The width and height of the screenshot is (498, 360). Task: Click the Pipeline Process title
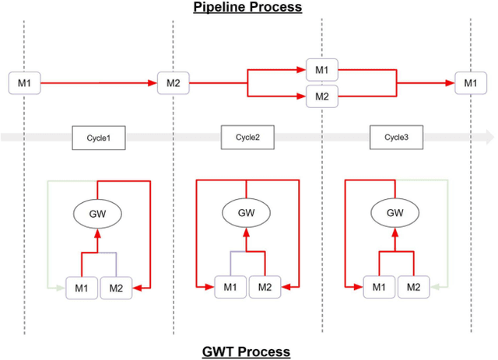pyautogui.click(x=249, y=8)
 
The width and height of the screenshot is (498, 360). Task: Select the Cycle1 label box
pyautogui.click(x=99, y=138)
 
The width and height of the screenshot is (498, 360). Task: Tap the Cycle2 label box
pyautogui.click(x=247, y=138)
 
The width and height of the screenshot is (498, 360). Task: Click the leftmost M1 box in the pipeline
pyautogui.click(x=24, y=82)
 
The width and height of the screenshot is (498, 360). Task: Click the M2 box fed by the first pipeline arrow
pyautogui.click(x=173, y=82)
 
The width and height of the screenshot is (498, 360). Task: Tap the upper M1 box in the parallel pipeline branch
pyautogui.click(x=321, y=69)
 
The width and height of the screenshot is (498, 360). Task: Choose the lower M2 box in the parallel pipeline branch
pyautogui.click(x=321, y=96)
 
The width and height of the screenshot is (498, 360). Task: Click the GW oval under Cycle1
pyautogui.click(x=98, y=212)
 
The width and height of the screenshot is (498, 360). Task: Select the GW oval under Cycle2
pyautogui.click(x=247, y=212)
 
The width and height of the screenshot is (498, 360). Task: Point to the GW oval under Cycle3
pyautogui.click(x=395, y=212)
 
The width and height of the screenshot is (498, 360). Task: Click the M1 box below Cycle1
pyautogui.click(x=82, y=288)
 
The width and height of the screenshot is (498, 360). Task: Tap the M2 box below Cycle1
pyautogui.click(x=116, y=288)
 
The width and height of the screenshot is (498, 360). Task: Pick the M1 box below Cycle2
pyautogui.click(x=230, y=288)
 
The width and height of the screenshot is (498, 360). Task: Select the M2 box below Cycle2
pyautogui.click(x=265, y=288)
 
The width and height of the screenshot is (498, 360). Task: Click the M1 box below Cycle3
pyautogui.click(x=379, y=288)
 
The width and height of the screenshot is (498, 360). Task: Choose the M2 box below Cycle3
pyautogui.click(x=413, y=288)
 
